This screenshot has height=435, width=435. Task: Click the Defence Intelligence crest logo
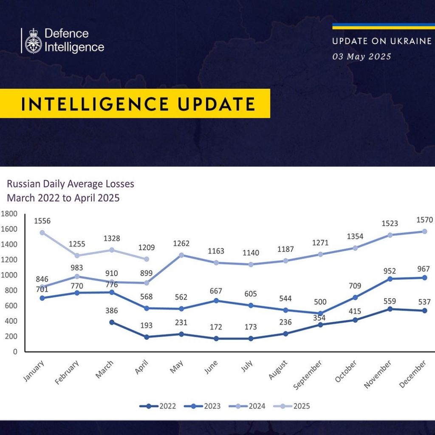(33, 41)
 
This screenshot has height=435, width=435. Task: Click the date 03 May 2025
(362, 56)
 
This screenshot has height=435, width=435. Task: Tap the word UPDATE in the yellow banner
(216, 104)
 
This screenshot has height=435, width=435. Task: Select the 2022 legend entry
(158, 406)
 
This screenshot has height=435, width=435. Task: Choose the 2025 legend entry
(291, 406)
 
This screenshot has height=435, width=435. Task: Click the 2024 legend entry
(247, 406)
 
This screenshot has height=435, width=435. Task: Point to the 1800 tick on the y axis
(9, 214)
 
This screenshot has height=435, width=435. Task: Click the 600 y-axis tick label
(11, 306)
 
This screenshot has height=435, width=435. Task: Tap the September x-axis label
(308, 375)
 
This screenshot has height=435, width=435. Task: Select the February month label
(67, 373)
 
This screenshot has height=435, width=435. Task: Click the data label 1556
(42, 221)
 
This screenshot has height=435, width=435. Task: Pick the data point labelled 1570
(424, 232)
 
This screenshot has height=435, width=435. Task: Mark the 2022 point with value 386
(112, 322)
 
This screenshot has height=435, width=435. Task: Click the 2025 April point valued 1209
(147, 259)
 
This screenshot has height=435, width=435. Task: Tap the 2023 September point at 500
(320, 314)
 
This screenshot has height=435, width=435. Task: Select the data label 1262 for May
(181, 243)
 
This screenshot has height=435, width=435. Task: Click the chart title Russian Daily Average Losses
(71, 184)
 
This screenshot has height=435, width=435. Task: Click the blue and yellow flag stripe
(384, 26)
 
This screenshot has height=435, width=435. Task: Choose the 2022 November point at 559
(390, 309)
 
